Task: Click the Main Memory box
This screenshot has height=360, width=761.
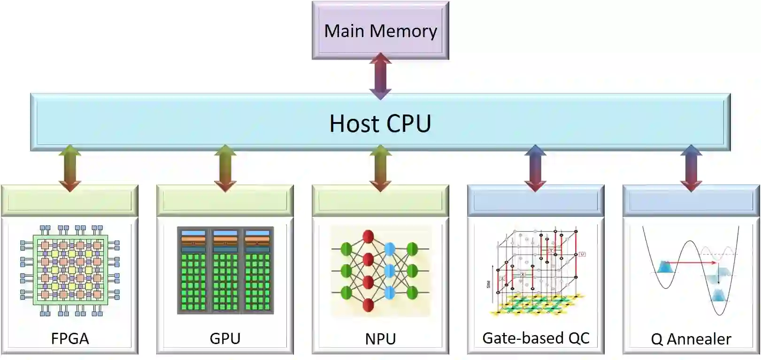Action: click(380, 31)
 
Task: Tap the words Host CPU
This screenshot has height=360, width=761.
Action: click(380, 123)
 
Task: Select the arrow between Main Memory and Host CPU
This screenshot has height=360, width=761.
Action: click(380, 76)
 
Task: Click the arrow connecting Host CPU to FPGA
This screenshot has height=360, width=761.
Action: click(70, 168)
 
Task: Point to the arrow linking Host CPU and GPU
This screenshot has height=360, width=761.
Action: click(225, 168)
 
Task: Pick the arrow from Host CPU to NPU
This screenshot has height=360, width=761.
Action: click(380, 168)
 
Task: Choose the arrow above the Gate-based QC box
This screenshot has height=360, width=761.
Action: click(535, 168)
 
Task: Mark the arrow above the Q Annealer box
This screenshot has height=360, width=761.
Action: click(691, 168)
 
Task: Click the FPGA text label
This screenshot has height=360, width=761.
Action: click(70, 338)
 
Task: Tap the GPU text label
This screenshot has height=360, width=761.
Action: click(225, 338)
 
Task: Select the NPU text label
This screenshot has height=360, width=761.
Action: click(380, 338)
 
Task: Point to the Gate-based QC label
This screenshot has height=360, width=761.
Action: click(536, 338)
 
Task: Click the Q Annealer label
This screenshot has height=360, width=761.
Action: click(691, 339)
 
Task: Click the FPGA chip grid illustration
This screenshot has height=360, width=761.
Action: click(70, 271)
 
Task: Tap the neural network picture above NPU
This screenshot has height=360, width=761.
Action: click(380, 271)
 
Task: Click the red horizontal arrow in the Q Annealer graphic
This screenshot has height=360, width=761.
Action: click(692, 262)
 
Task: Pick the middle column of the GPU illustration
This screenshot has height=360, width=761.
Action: click(225, 271)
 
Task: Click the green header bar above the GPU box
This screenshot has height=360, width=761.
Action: click(225, 201)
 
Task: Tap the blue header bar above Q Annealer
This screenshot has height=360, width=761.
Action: click(691, 201)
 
